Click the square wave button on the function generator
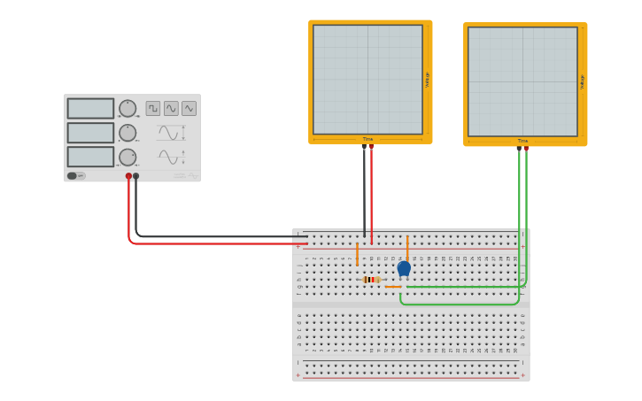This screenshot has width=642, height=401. pyautogui.click(x=153, y=108)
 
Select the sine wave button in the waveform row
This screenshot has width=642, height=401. pyautogui.click(x=171, y=108)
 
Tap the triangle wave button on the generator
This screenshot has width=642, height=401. pyautogui.click(x=189, y=108)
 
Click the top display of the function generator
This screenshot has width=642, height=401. pyautogui.click(x=90, y=108)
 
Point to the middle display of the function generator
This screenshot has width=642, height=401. pyautogui.click(x=90, y=133)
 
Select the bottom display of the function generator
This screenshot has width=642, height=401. pyautogui.click(x=90, y=157)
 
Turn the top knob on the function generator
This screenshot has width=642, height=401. pyautogui.click(x=128, y=108)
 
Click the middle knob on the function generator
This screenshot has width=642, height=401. pyautogui.click(x=128, y=133)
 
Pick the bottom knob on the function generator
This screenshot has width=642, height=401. pyautogui.click(x=128, y=157)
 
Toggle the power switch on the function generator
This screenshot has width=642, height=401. pyautogui.click(x=76, y=175)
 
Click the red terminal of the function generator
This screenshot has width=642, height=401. pyautogui.click(x=128, y=176)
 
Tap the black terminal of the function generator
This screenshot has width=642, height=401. pyautogui.click(x=135, y=176)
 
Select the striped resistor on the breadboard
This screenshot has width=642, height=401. pyautogui.click(x=371, y=280)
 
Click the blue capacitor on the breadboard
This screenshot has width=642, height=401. pyautogui.click(x=404, y=267)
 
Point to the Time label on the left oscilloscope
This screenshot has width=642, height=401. pyautogui.click(x=367, y=139)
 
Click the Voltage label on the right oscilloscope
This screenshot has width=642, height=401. pyautogui.click(x=582, y=81)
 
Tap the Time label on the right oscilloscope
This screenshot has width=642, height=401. pyautogui.click(x=522, y=141)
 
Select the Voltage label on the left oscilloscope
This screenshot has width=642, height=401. pyautogui.click(x=427, y=79)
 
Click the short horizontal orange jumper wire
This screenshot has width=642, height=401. pyautogui.click(x=393, y=287)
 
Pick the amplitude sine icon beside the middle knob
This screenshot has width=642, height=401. pyautogui.click(x=168, y=133)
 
